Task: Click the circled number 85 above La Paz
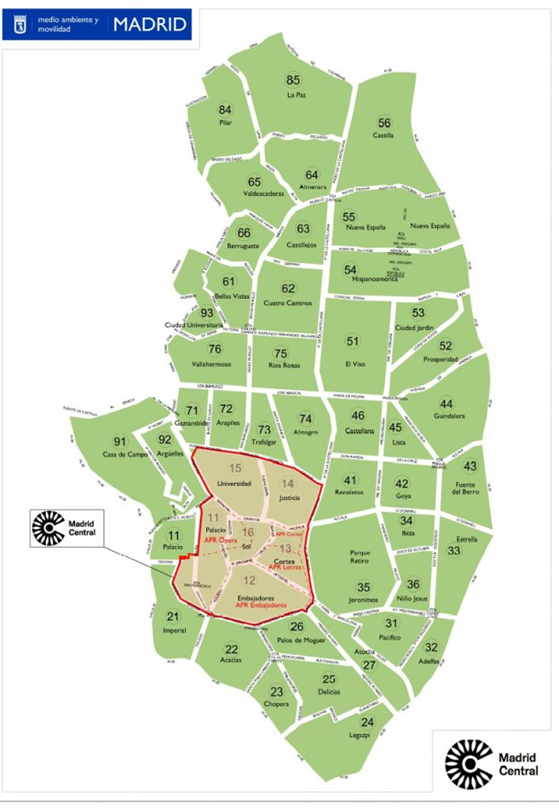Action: point(294,80)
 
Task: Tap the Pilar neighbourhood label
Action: point(225,123)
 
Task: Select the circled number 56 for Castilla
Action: point(384,123)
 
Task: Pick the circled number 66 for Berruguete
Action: point(245,233)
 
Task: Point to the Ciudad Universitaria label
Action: point(195,325)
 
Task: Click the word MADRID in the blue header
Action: point(150,24)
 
